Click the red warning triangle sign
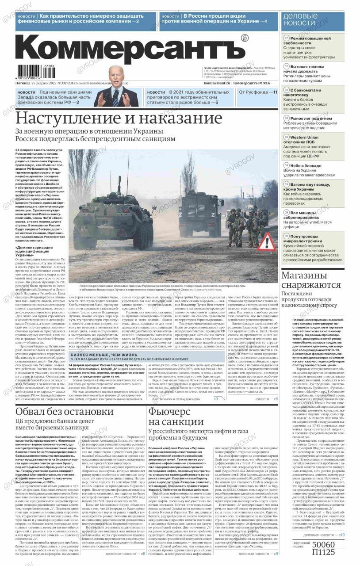pyautogui.click(x=266, y=242)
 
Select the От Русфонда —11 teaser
pyautogui.click(x=258, y=92)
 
